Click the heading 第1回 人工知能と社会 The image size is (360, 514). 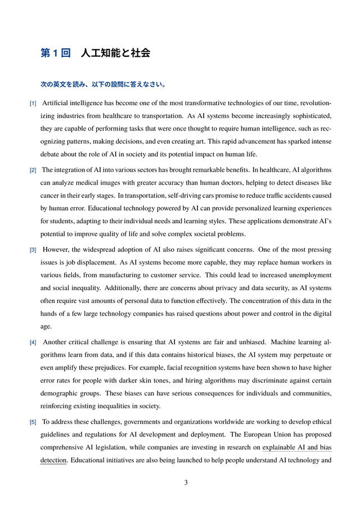click(95, 53)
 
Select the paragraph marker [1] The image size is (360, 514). click(33, 104)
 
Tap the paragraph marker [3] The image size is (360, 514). click(33, 250)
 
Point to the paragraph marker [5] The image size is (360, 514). click(33, 422)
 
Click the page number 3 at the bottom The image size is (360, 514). click(186, 482)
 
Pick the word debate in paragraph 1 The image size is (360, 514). click(51, 154)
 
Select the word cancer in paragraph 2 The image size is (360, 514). click(50, 196)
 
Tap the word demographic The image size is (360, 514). click(60, 393)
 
